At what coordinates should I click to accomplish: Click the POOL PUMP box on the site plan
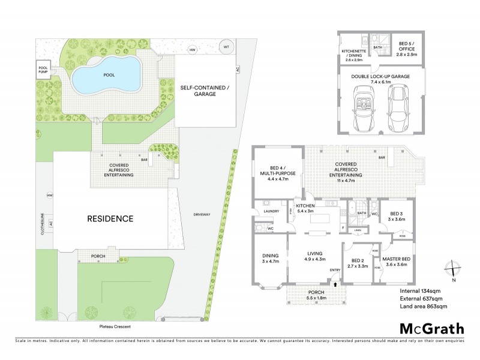tap(43, 69)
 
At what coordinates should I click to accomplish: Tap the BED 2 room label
tap(359, 261)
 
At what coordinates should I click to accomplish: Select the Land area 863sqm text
tap(424, 307)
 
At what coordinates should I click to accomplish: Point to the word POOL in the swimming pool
tap(109, 75)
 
